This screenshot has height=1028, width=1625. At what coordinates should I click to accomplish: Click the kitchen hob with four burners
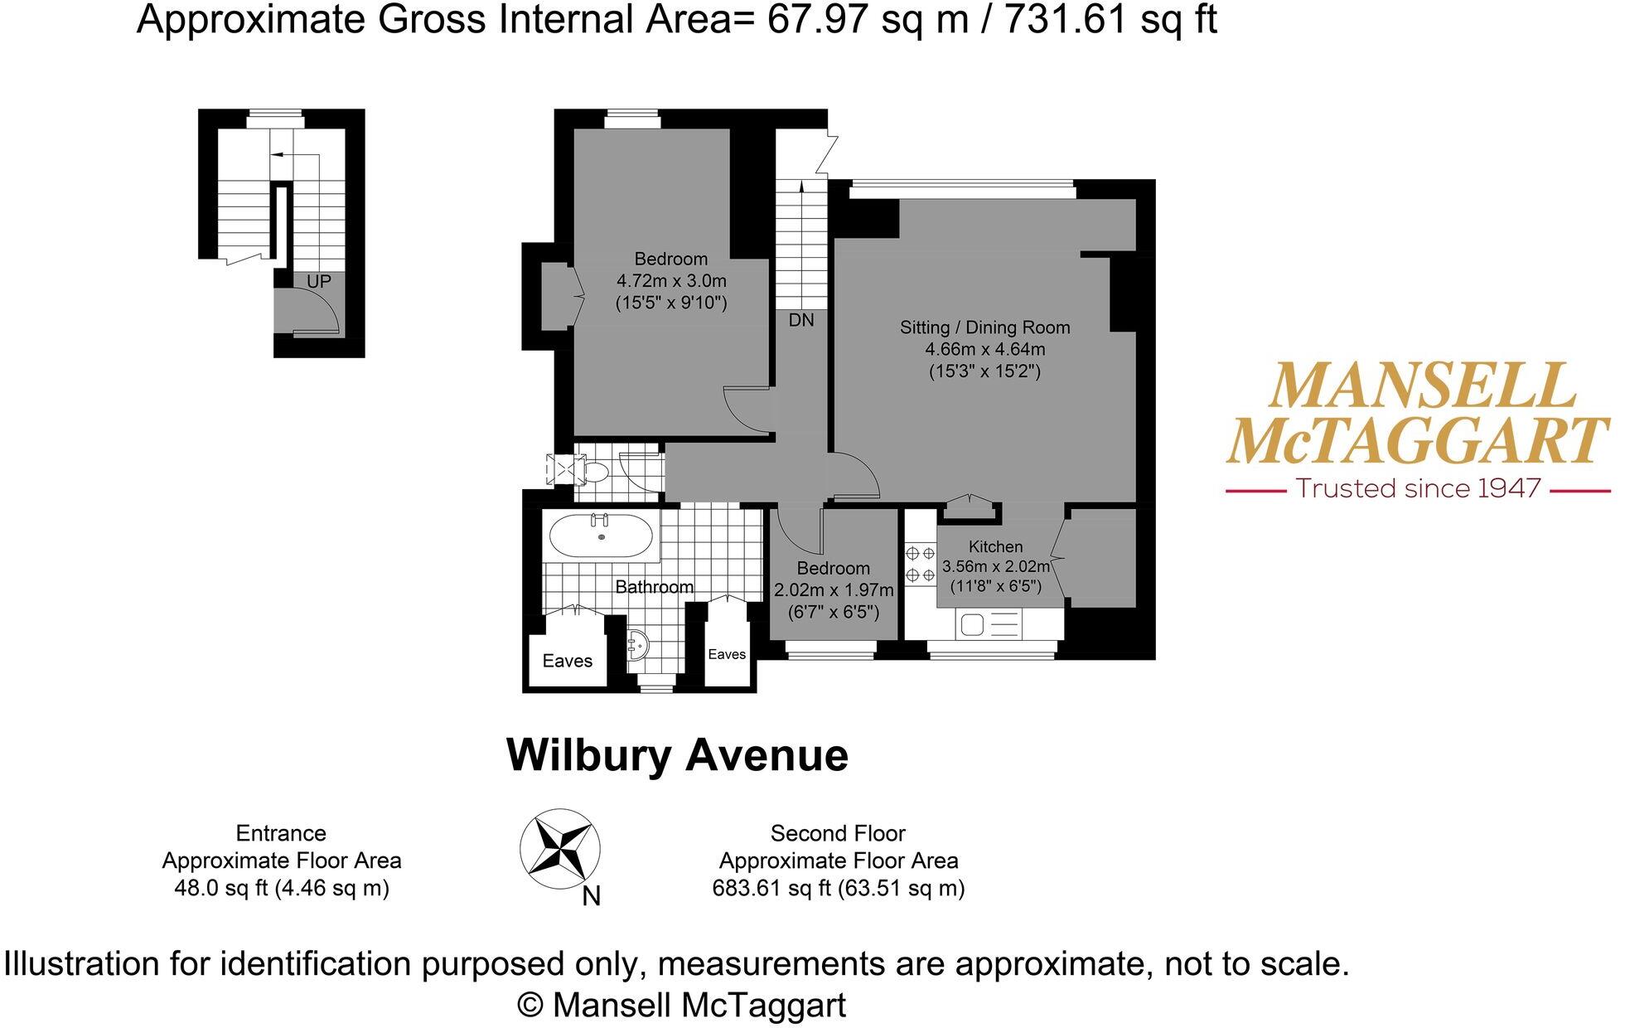[x=920, y=564]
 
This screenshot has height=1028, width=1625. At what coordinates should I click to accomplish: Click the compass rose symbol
[x=560, y=849]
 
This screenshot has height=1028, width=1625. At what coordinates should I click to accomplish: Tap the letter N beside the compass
[x=591, y=896]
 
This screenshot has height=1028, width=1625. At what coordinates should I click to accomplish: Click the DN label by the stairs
[x=800, y=320]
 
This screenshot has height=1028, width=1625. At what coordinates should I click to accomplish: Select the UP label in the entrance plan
[x=319, y=282]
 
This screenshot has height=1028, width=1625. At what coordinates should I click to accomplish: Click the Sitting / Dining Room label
[x=984, y=327]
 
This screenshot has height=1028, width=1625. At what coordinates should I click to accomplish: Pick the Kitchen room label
[x=995, y=546]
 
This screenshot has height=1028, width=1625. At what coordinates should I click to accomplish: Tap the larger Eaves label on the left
[x=568, y=661]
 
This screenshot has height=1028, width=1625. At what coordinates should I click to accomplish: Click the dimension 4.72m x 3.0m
[x=671, y=281]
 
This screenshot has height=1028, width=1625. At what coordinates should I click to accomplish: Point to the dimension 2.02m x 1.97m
[x=834, y=590]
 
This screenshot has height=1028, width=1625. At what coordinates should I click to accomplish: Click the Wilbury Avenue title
[x=677, y=754]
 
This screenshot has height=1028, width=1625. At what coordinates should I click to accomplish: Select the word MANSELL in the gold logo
[x=1421, y=386]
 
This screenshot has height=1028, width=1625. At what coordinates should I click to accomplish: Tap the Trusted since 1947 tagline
[x=1418, y=488]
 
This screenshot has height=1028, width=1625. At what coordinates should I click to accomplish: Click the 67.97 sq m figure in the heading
[x=867, y=19]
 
